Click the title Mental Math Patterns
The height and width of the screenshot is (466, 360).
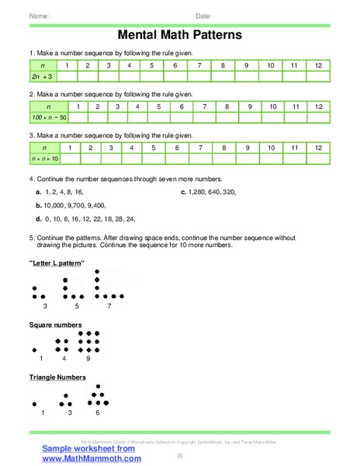tap(179, 35)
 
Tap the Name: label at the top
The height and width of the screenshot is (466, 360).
tap(40, 15)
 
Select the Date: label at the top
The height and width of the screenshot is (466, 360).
tap(203, 15)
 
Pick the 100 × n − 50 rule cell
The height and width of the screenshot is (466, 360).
tap(48, 117)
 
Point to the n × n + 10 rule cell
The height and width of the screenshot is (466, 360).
tap(44, 158)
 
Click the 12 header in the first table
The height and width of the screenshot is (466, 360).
tap(317, 65)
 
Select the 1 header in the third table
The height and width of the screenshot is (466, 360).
tap(71, 147)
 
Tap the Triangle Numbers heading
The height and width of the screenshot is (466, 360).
tap(57, 377)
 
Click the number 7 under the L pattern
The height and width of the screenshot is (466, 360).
tap(109, 306)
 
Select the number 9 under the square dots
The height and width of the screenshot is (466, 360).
tap(88, 359)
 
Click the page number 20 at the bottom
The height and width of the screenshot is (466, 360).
tap(180, 455)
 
